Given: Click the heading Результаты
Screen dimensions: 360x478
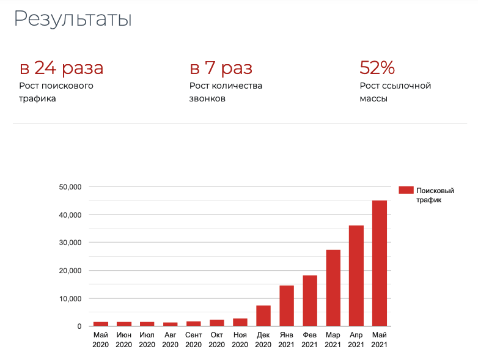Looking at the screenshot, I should [x=73, y=19].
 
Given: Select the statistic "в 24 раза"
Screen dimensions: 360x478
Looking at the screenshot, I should [x=61, y=68].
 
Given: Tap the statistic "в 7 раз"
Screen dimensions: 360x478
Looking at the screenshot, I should [x=221, y=68].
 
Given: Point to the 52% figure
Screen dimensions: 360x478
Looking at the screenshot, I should [x=377, y=68].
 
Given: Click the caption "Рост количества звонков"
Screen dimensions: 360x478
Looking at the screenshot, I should [x=226, y=92].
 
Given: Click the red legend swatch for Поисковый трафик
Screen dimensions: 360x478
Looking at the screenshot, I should [x=406, y=190].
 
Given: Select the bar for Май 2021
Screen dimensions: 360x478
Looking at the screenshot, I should [x=380, y=263].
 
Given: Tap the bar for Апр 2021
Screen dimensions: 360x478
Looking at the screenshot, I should [x=356, y=276].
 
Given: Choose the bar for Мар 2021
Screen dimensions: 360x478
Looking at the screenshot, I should [x=333, y=288].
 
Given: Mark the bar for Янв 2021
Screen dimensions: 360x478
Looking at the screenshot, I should [x=287, y=306].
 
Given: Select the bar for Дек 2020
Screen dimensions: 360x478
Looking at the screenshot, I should [x=263, y=316].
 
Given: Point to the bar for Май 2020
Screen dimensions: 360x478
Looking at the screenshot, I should [x=101, y=324].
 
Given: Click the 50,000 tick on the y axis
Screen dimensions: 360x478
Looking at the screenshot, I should [x=70, y=187].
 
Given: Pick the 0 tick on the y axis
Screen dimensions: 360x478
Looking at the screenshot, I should [x=79, y=326].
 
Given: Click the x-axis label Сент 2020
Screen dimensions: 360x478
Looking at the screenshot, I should [x=194, y=340].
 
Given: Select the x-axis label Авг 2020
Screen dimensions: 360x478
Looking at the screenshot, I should [x=171, y=340].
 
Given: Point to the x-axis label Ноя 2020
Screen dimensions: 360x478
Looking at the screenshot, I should [x=240, y=340].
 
